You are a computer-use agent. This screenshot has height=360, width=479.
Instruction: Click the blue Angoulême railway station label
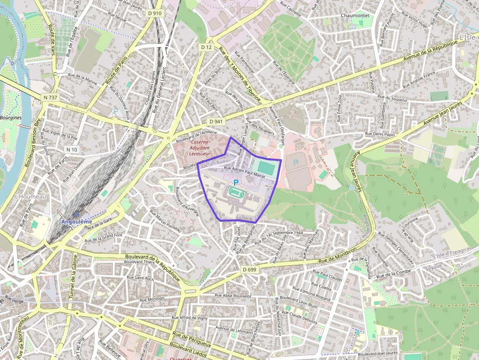pyautogui.click(x=76, y=221)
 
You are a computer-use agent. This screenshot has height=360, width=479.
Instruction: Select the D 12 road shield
pyautogui.click(x=206, y=47)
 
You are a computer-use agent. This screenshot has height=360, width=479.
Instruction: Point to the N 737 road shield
pyautogui.click(x=50, y=98)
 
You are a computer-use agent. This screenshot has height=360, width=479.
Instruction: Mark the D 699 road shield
pyautogui.click(x=249, y=269)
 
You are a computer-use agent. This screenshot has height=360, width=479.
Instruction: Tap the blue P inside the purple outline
pyautogui.click(x=236, y=182)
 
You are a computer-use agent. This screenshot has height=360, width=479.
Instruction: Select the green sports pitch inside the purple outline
pyautogui.click(x=267, y=167)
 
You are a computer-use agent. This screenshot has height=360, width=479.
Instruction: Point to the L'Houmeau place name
pyautogui.click(x=30, y=196)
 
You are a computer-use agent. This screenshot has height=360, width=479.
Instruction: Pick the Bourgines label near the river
pyautogui.click(x=11, y=118)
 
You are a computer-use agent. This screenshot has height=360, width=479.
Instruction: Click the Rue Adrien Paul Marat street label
pyautogui.click(x=244, y=168)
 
